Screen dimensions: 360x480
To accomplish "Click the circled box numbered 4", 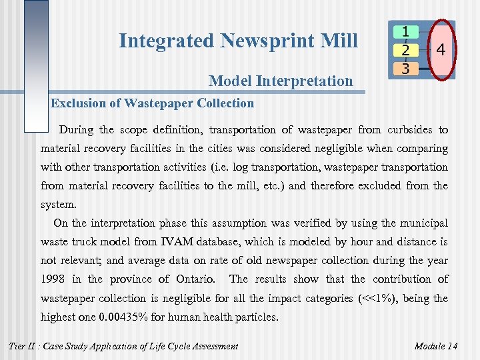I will point(441,49).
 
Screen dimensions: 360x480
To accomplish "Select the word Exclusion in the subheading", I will point(77,103).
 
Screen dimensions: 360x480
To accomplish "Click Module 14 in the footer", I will point(436,345).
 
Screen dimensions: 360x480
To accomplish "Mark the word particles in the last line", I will point(256,317).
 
